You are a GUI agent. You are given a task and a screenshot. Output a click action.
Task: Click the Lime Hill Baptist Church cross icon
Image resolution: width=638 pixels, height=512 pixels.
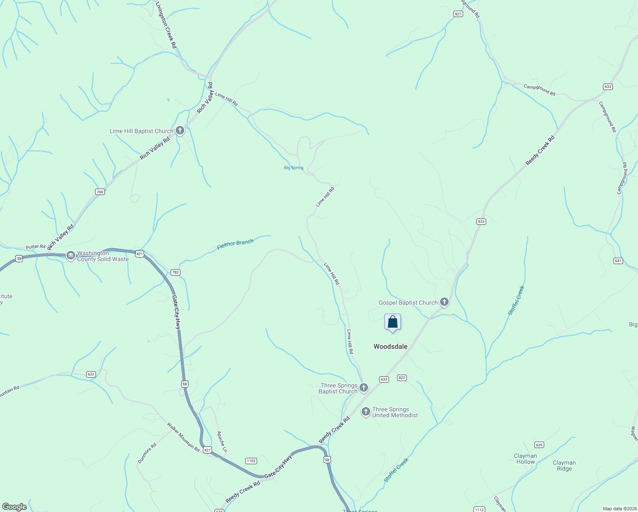(x=180, y=131)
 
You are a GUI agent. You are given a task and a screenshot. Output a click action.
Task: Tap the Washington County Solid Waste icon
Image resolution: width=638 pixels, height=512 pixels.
(x=71, y=256)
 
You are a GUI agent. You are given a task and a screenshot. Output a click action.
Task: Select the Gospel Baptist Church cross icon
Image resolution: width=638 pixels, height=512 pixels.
(x=444, y=303)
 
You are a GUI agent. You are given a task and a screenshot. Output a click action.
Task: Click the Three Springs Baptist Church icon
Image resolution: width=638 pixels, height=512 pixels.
(x=364, y=388)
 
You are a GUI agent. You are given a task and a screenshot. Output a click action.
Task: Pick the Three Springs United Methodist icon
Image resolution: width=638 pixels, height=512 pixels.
(x=365, y=412)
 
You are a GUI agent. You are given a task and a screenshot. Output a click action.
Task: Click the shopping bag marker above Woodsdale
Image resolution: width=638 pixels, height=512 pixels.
(x=392, y=322)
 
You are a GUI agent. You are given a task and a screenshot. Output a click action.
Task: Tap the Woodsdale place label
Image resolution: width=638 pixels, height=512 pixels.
(x=390, y=346)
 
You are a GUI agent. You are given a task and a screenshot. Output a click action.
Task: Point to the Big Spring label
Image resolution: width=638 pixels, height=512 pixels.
(x=293, y=168)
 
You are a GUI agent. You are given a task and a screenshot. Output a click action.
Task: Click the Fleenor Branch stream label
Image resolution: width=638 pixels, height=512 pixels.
(x=235, y=244)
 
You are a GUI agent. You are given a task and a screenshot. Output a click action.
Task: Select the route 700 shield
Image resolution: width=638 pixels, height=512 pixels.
(x=100, y=192)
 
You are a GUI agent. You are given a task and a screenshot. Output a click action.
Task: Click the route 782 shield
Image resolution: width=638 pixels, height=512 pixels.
(x=175, y=272)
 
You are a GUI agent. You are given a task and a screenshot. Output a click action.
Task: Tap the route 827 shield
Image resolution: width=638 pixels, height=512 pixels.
(x=458, y=14)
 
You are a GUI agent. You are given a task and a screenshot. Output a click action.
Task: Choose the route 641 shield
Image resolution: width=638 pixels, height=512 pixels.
(x=618, y=261)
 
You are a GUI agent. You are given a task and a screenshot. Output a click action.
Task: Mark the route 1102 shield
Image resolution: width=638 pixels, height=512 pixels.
(x=251, y=461)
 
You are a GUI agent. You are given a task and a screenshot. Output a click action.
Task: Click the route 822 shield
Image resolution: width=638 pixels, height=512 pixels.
(x=401, y=378)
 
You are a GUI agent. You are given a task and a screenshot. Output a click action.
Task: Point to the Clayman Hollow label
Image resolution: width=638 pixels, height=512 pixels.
(x=525, y=459)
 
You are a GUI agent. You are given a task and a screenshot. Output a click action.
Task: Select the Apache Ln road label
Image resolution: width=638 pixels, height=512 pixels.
(x=222, y=442)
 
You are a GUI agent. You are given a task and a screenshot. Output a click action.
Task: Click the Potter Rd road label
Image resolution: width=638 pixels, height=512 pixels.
(x=35, y=247)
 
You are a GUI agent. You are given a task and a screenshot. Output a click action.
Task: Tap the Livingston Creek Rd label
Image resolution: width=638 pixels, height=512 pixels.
(x=166, y=25)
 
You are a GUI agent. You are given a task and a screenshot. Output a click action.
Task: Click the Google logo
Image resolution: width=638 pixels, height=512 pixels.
(x=14, y=507)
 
